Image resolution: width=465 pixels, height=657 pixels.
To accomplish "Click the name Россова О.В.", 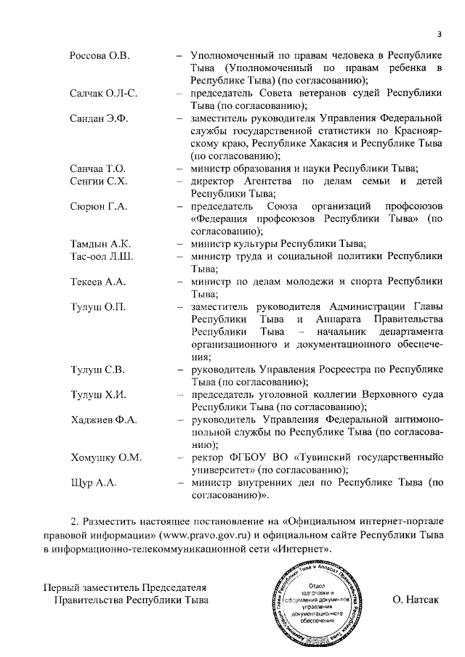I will [x=100, y=55].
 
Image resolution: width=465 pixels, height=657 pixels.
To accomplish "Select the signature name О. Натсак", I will [x=415, y=600].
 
